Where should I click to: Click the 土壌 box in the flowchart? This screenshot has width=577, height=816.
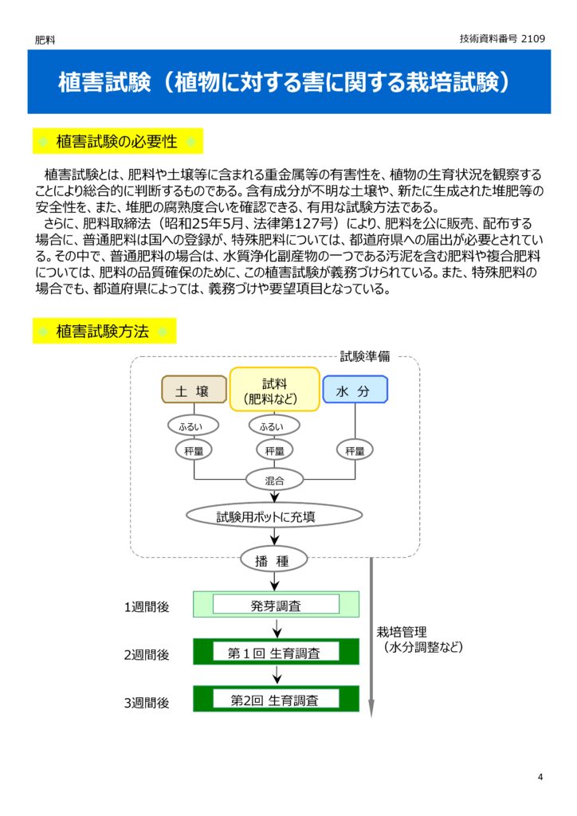[194, 390]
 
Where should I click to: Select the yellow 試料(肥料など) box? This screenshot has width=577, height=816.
[274, 389]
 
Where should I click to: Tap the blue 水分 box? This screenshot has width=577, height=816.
[355, 390]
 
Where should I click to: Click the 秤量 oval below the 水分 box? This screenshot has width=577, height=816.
[355, 450]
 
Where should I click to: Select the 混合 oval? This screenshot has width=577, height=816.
[274, 479]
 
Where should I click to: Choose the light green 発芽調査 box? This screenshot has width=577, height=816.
[276, 605]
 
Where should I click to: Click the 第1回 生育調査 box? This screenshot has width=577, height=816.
[276, 652]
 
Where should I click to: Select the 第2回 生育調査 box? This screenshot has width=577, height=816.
[276, 699]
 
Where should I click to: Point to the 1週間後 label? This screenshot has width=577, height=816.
[147, 606]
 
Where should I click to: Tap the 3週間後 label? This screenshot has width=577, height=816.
[147, 702]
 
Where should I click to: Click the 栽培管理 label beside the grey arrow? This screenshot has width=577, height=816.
[402, 632]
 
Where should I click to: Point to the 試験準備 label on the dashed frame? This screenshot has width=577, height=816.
[365, 356]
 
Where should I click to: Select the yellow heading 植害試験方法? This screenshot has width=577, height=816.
[104, 331]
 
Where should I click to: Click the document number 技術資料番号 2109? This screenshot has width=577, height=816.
[502, 38]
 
